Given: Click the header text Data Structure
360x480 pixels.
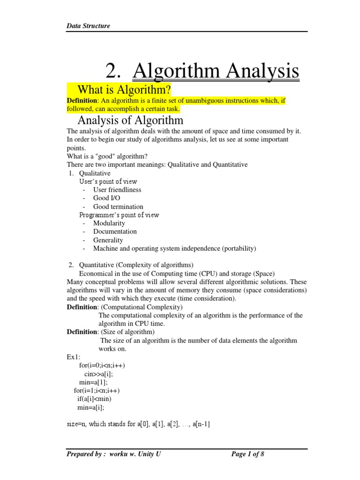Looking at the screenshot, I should [x=89, y=26].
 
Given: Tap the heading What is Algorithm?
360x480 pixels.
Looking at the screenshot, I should [x=124, y=89].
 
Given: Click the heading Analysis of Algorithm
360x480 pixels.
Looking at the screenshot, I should [x=130, y=120].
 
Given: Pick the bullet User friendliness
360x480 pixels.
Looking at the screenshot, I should [x=117, y=190].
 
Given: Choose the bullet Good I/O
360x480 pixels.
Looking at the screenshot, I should [x=107, y=198].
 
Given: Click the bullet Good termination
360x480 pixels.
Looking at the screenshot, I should [x=118, y=207].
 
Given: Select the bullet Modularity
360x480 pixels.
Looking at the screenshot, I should [x=109, y=223].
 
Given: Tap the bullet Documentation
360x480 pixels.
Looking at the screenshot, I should [x=115, y=232].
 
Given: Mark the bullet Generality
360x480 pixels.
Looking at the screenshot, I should [x=108, y=240].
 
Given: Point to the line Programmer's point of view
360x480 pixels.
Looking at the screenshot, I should [x=119, y=215].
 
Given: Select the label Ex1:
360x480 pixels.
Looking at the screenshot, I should [x=74, y=357].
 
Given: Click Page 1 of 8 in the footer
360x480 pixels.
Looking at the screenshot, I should [x=248, y=454].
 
